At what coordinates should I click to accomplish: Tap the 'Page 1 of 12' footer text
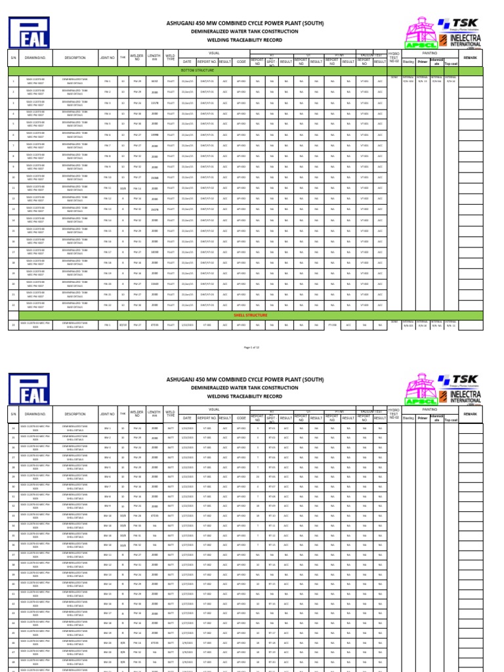point(252,346)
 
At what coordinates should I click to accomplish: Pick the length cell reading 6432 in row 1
point(155,81)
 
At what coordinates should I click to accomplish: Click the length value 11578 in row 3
point(155,103)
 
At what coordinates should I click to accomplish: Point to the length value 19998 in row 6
point(155,135)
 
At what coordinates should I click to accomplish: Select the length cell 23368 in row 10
point(155,177)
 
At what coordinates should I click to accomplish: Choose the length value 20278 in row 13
point(155,209)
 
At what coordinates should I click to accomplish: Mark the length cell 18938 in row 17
point(155,252)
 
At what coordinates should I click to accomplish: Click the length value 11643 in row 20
point(155,283)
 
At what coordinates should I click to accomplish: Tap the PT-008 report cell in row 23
point(332,324)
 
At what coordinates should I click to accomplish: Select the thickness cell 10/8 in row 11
point(123,188)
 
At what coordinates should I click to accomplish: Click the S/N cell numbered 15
point(13,230)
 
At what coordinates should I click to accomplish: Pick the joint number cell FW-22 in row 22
point(108,305)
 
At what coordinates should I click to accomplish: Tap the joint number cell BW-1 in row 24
point(108,427)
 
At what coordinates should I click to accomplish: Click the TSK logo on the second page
point(463,381)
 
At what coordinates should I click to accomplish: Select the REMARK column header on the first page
point(471,58)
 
